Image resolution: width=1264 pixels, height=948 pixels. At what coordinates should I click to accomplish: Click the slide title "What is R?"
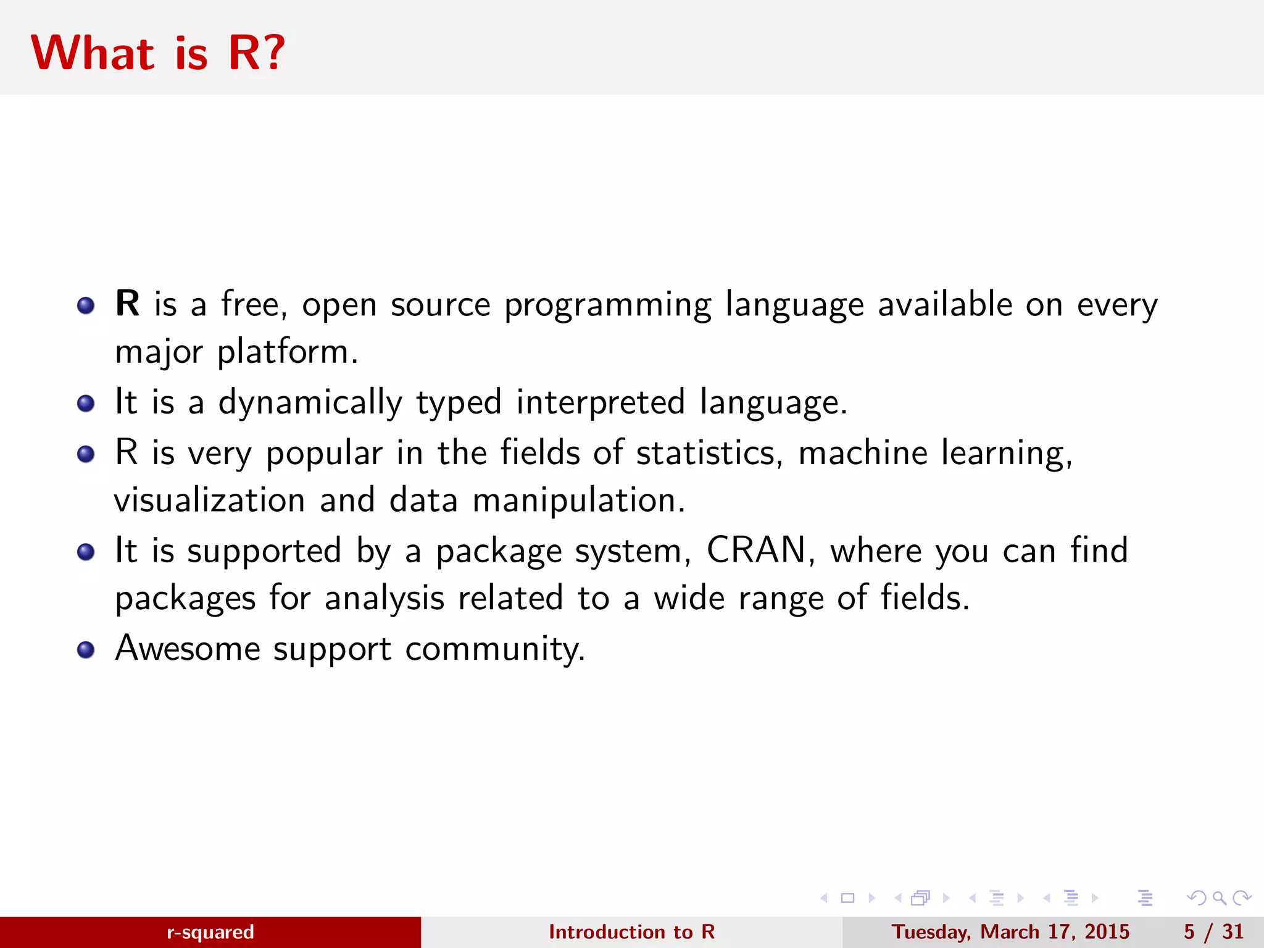click(x=158, y=53)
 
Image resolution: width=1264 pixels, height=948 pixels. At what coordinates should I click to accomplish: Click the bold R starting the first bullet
click(x=127, y=304)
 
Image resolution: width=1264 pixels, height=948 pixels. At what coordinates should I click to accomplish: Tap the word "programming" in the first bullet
click(x=607, y=306)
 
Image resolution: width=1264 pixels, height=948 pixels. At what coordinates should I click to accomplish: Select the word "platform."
click(x=288, y=353)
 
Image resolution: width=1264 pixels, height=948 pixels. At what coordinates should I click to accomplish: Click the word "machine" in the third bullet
click(x=863, y=453)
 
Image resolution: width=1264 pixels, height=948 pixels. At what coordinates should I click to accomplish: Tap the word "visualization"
click(x=210, y=500)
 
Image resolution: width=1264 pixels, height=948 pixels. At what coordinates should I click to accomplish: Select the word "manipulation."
click(x=579, y=501)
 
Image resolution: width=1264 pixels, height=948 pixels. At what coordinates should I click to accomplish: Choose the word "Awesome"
click(x=188, y=648)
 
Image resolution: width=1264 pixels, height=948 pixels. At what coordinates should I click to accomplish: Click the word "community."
click(x=495, y=649)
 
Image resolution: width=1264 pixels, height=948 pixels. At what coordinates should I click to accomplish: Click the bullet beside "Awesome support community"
click(x=86, y=650)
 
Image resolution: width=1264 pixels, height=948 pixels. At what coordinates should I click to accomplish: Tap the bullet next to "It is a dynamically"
click(x=86, y=404)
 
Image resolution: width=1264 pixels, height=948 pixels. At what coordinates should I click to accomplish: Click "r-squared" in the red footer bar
click(x=210, y=932)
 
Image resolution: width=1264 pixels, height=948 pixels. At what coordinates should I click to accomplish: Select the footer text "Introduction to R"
click(x=631, y=932)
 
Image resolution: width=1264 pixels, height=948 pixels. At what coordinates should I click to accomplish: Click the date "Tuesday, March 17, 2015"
click(x=1010, y=932)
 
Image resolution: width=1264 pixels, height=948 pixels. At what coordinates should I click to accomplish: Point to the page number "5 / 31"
click(x=1213, y=932)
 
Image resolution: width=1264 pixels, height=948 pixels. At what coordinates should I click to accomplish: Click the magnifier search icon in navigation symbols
click(x=1219, y=898)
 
